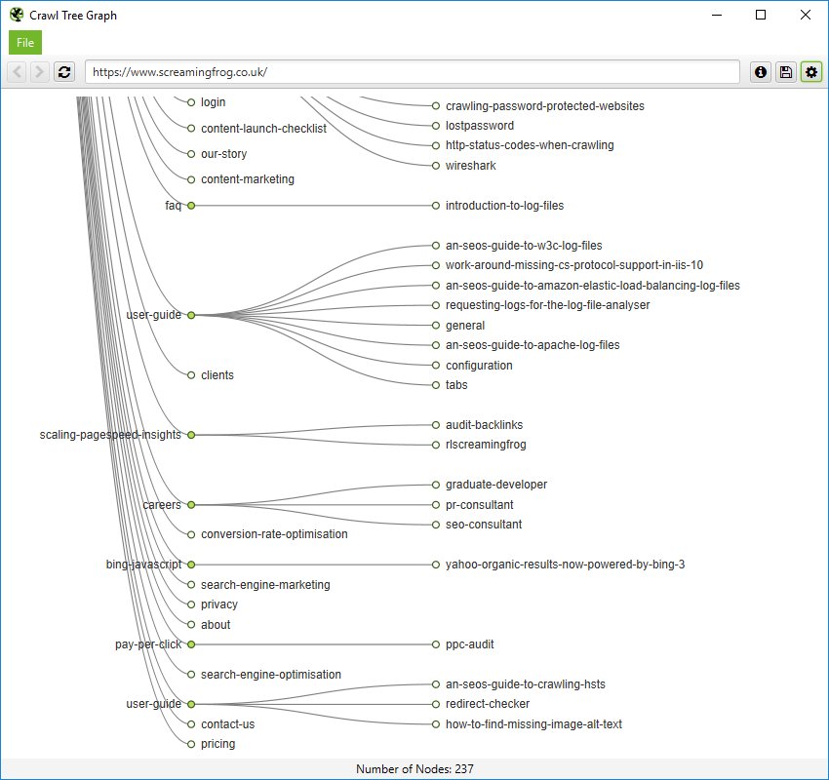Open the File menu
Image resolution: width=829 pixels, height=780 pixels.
click(25, 43)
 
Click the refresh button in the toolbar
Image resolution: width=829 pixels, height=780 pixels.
click(64, 72)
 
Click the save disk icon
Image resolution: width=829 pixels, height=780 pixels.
click(785, 72)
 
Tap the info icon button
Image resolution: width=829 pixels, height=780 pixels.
click(760, 72)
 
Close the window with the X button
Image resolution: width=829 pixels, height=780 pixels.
click(805, 15)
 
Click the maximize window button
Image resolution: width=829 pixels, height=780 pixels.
click(760, 15)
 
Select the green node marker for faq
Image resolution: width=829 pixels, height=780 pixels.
click(191, 206)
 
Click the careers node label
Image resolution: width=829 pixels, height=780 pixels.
click(162, 505)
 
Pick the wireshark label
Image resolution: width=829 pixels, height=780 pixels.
click(470, 166)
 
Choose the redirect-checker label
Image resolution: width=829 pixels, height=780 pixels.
click(488, 704)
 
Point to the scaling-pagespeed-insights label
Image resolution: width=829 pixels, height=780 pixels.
click(110, 435)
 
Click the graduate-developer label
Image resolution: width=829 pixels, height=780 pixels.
click(496, 485)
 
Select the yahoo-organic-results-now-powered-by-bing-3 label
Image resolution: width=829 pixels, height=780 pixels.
click(565, 565)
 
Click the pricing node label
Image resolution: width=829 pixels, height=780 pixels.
click(217, 744)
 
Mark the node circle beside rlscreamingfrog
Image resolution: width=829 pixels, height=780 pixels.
click(436, 445)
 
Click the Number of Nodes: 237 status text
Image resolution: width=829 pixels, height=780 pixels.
click(414, 769)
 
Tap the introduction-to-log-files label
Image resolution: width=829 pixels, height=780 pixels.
click(504, 206)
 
